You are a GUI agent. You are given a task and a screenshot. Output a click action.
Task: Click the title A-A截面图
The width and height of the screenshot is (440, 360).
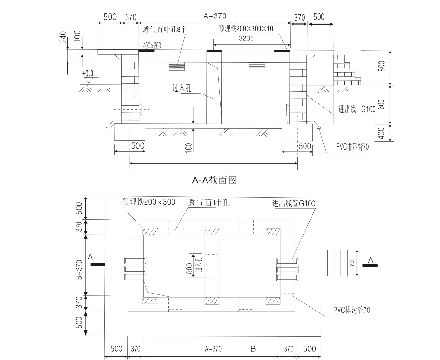(214, 181)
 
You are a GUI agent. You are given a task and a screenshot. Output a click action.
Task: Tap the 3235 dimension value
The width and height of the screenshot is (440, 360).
(246, 38)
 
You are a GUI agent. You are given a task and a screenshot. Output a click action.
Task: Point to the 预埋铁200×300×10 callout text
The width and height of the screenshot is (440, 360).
(246, 29)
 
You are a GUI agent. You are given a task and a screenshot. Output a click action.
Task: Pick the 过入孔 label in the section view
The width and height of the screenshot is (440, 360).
(182, 88)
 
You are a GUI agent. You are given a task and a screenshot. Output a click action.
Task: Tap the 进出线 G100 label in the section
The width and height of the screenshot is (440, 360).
(357, 110)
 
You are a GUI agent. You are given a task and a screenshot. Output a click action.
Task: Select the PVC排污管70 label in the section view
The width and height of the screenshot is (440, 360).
(353, 147)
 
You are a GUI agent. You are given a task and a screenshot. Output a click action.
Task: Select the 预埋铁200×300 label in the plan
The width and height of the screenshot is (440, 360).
(149, 202)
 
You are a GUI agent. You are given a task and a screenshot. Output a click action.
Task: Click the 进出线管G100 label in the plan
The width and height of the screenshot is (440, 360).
(294, 203)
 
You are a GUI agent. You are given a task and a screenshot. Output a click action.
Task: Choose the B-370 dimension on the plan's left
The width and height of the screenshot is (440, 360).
(79, 270)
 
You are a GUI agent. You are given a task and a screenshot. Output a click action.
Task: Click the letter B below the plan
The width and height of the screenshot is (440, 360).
(253, 349)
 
